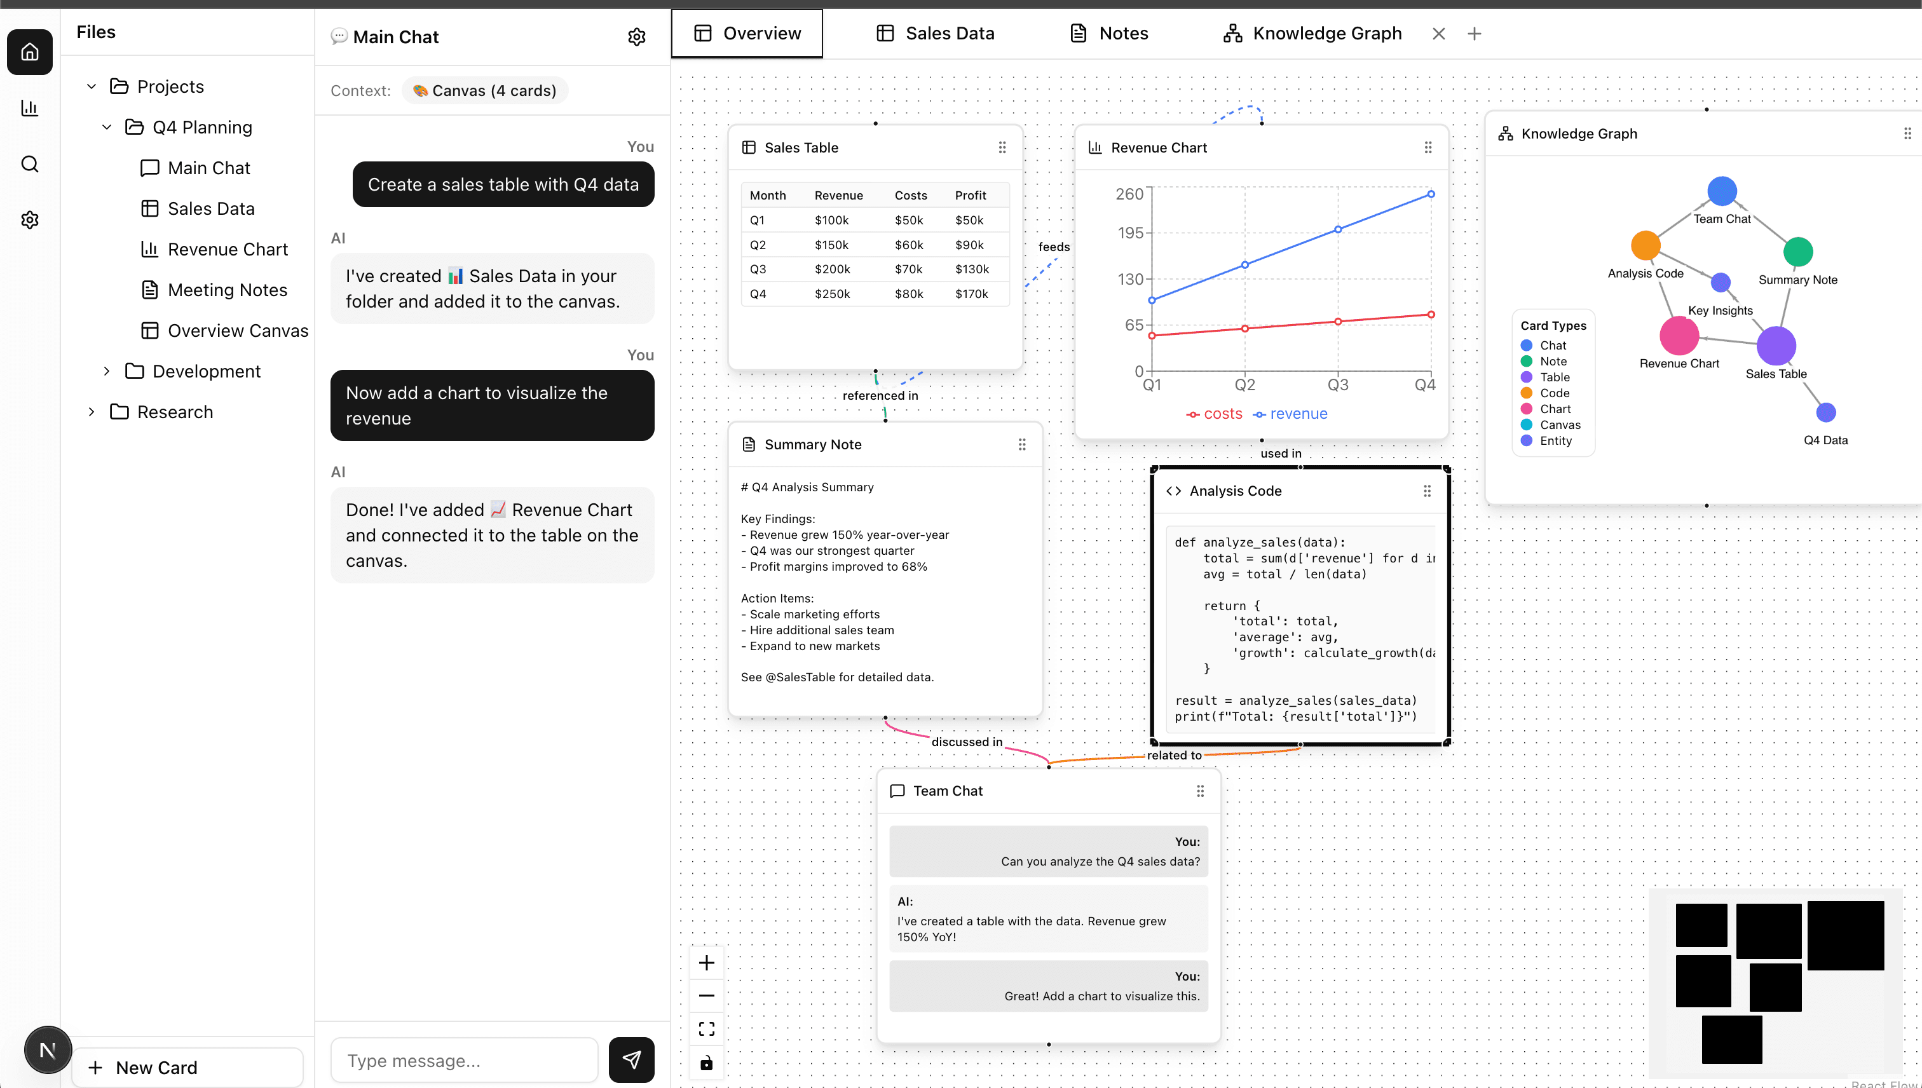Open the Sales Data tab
coord(935,34)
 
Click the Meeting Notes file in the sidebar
coord(227,290)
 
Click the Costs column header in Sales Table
coord(910,195)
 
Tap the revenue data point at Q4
coord(1430,194)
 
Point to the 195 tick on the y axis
coord(1131,233)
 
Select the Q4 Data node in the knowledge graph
coord(1825,412)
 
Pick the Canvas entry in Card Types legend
coord(1560,425)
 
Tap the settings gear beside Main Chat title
coord(636,37)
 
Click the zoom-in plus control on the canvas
coord(706,962)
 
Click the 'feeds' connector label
coord(1054,247)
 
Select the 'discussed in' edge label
coord(966,741)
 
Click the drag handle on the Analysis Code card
coord(1426,491)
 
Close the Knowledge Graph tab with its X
coord(1438,34)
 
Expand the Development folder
coord(107,371)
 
